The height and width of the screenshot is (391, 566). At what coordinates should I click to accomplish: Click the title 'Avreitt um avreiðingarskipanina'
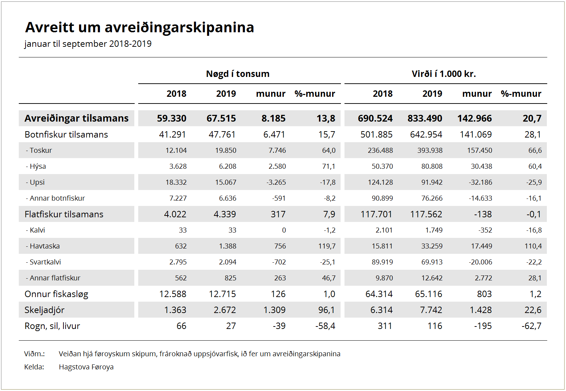click(x=140, y=27)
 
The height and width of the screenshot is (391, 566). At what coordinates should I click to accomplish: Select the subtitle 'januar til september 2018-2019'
click(x=88, y=44)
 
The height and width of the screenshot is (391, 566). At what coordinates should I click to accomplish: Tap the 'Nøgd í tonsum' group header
click(x=238, y=74)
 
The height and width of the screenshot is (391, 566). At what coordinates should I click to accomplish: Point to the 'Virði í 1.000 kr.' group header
click(x=444, y=74)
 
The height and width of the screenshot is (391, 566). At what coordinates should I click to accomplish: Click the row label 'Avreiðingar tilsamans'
click(x=77, y=118)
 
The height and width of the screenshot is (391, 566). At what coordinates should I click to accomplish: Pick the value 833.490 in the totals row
click(x=425, y=118)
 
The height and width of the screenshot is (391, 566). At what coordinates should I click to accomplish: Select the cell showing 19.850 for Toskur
click(x=226, y=150)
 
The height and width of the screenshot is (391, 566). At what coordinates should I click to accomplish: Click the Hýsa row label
click(x=36, y=166)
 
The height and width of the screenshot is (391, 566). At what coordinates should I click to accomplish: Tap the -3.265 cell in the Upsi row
click(x=276, y=182)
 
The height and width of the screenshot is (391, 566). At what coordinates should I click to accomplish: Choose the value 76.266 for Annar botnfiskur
click(x=432, y=198)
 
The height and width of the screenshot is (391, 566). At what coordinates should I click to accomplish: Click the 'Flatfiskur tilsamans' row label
click(x=64, y=214)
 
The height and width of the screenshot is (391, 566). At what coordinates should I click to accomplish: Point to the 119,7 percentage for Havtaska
click(x=327, y=246)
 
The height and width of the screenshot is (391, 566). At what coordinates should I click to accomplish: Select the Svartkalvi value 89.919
click(x=382, y=262)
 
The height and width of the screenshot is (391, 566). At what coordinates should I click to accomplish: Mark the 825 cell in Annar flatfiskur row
click(x=230, y=278)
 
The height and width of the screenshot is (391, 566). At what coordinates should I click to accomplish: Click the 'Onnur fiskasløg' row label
click(x=56, y=294)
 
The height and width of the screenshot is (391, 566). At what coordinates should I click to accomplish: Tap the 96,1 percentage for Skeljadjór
click(x=327, y=310)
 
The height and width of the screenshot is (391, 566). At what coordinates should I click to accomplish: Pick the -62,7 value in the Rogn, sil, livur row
click(x=532, y=326)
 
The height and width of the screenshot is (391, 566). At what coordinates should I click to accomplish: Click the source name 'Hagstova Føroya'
click(x=86, y=367)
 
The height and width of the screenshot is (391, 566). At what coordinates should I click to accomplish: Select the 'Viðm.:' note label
click(x=34, y=354)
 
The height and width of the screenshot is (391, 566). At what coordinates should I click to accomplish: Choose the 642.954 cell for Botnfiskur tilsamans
click(x=426, y=134)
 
